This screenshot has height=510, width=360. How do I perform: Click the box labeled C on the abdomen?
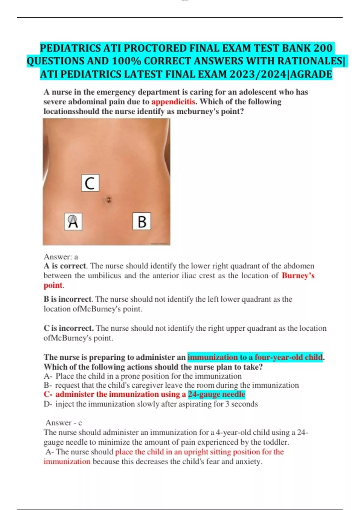90,183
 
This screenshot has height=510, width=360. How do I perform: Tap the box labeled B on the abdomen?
142,221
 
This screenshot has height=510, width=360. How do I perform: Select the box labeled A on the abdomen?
73,222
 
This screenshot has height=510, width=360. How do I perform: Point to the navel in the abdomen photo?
109,200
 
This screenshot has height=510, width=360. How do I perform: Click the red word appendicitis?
173,101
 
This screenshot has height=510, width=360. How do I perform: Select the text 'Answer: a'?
61,257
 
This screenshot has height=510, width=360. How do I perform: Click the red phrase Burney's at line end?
298,275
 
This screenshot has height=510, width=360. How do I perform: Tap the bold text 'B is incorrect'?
67,299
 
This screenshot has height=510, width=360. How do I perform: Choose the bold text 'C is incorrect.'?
68,328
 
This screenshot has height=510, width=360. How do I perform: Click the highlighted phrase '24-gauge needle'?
217,394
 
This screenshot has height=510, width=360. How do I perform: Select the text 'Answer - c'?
64,423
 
